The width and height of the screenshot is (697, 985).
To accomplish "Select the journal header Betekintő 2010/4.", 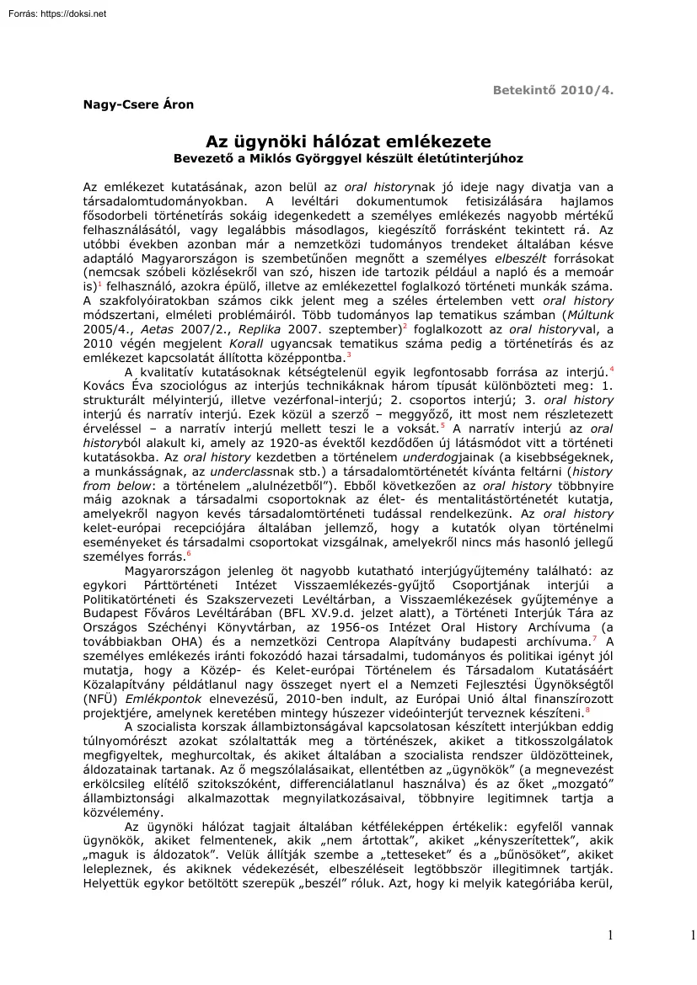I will (x=553, y=88).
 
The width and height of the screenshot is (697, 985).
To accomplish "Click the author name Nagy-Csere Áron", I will (x=139, y=104).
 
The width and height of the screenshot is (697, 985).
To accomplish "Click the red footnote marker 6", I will (x=188, y=553).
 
